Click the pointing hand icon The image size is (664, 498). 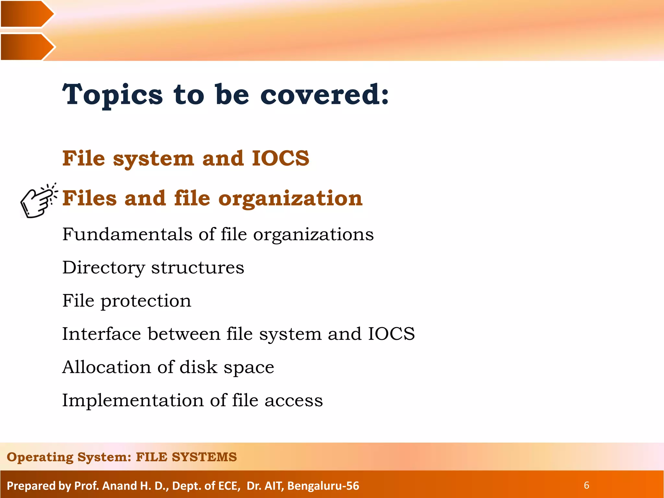[x=38, y=201]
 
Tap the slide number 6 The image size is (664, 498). [x=586, y=485]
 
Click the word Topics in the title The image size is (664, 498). [x=113, y=95]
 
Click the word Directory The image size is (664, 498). [x=103, y=268]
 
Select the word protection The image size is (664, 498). [x=146, y=301]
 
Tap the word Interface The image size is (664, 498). [x=101, y=334]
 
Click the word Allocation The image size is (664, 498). [x=106, y=367]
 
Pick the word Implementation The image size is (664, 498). [x=133, y=400]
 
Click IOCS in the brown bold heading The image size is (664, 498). [x=280, y=158]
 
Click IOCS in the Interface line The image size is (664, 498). [x=391, y=334]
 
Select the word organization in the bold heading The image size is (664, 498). [x=290, y=198]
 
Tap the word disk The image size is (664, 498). [x=198, y=367]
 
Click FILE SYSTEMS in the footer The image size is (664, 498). [x=186, y=457]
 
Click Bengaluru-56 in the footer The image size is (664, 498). [x=323, y=486]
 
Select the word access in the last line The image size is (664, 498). [x=293, y=400]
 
